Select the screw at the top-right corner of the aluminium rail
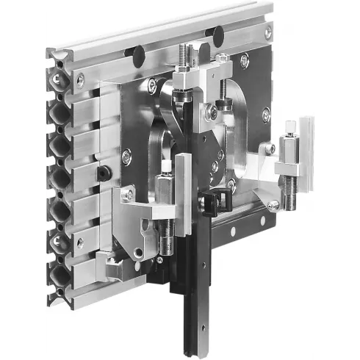coord(268,32)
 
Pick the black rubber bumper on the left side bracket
coord(104,173)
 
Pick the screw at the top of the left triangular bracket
coord(129,195)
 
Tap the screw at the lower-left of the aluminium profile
coord(79,241)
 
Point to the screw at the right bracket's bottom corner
coord(273,206)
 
